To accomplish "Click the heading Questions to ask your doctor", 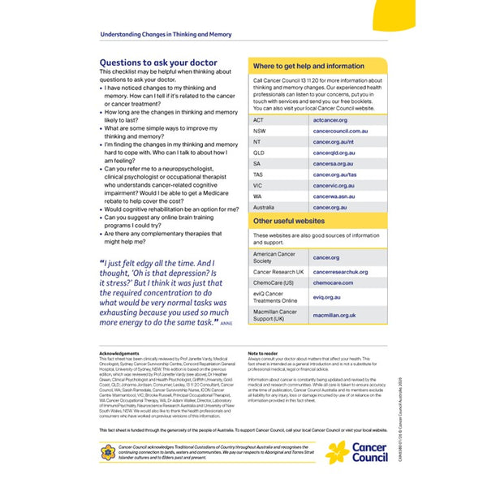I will [154, 62].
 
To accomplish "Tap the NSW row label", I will [259, 131].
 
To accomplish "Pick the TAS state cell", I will [259, 175].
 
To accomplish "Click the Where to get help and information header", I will [308, 66].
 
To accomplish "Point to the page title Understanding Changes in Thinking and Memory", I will [165, 35].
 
